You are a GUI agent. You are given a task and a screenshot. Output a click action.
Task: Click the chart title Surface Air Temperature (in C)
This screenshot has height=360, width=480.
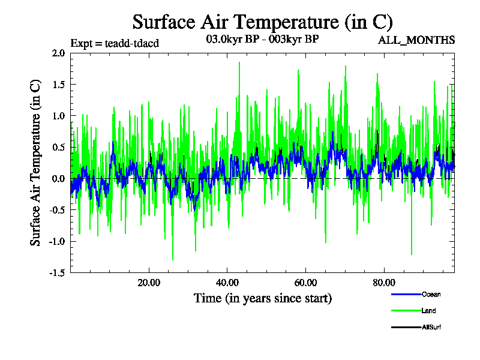(x=262, y=22)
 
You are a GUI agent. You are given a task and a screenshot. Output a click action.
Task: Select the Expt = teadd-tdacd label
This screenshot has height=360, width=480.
(x=115, y=43)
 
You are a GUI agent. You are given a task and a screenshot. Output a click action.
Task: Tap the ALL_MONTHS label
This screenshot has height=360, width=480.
(x=416, y=40)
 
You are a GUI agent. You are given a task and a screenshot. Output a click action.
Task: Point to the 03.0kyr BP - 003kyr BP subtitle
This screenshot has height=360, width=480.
(x=262, y=40)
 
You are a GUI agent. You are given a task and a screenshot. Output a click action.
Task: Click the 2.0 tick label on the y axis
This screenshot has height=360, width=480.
(x=58, y=53)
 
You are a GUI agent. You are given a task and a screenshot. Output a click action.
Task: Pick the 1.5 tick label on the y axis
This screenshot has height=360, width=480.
(x=58, y=84)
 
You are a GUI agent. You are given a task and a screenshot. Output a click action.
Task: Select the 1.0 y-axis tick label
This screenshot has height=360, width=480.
(x=58, y=116)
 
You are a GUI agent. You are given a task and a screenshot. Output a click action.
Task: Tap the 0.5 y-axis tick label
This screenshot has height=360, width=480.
(x=58, y=147)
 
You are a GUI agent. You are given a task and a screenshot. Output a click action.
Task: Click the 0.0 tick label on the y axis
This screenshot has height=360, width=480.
(x=58, y=179)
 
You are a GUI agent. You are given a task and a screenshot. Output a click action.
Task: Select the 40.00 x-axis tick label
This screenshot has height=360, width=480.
(x=227, y=283)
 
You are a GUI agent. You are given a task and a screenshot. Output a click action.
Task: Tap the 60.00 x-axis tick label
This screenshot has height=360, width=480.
(x=305, y=283)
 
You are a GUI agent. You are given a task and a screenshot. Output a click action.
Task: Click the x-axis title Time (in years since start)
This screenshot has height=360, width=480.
(x=262, y=298)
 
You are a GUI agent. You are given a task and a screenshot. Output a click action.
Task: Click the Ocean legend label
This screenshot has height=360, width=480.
(x=431, y=295)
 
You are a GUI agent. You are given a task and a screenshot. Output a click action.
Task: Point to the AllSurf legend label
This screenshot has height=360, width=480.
(x=432, y=327)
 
